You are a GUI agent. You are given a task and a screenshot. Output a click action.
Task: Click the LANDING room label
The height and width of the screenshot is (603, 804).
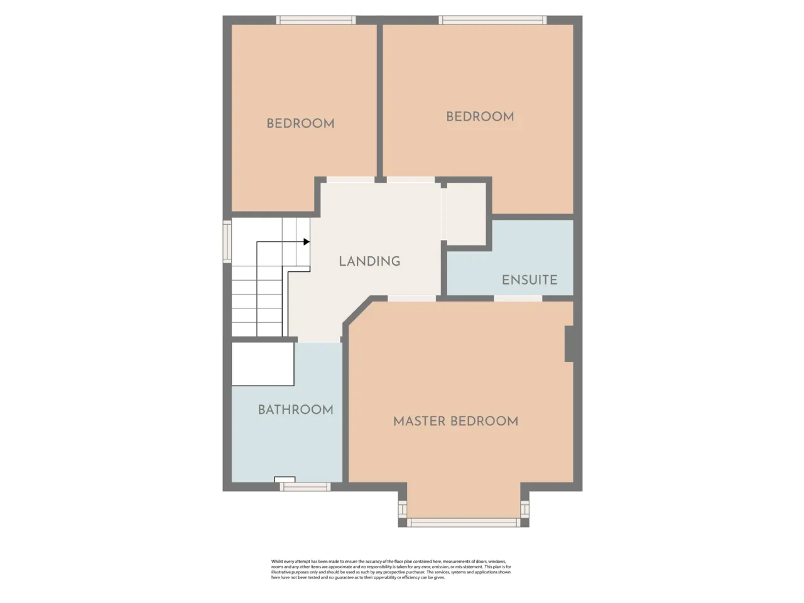[x=369, y=261]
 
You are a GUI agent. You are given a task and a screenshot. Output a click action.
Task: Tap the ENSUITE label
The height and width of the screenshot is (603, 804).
[x=530, y=280]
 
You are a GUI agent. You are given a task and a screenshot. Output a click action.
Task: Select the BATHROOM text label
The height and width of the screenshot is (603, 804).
[x=296, y=410]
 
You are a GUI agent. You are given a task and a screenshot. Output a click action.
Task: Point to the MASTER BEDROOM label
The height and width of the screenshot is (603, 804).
[x=455, y=421]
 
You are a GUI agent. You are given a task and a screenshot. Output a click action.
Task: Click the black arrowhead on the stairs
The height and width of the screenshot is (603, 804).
[x=307, y=242]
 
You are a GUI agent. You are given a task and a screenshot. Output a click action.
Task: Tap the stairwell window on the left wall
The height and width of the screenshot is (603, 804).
[x=227, y=241]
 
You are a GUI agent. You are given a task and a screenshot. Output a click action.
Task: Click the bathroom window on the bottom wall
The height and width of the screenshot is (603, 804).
[x=305, y=487]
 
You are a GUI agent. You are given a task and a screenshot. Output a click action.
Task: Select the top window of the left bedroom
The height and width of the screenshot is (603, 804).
[x=316, y=20]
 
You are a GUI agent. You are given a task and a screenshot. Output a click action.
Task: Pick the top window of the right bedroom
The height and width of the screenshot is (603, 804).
[x=492, y=20]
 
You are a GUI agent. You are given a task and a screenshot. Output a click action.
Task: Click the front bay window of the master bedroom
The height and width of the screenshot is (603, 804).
[x=464, y=523]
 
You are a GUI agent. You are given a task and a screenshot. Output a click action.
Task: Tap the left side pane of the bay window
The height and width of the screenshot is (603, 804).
[x=403, y=509]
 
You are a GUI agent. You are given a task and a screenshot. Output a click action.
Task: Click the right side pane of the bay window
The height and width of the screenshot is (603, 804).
[x=525, y=509]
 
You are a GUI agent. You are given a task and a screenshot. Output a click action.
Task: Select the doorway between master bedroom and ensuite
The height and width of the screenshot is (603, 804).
[x=518, y=298]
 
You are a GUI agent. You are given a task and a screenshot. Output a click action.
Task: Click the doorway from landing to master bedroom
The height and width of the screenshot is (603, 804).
[x=411, y=298]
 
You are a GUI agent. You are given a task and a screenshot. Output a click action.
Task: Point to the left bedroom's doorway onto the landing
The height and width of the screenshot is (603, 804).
[x=350, y=180]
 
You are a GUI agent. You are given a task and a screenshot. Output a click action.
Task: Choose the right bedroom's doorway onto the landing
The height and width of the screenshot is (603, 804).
[x=411, y=180]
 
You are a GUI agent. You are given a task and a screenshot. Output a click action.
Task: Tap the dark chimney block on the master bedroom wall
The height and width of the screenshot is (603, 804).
[x=569, y=344]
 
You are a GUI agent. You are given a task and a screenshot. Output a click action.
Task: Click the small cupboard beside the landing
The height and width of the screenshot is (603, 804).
[x=466, y=214]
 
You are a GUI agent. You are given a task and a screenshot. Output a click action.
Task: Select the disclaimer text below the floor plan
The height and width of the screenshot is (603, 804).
[x=391, y=569]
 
